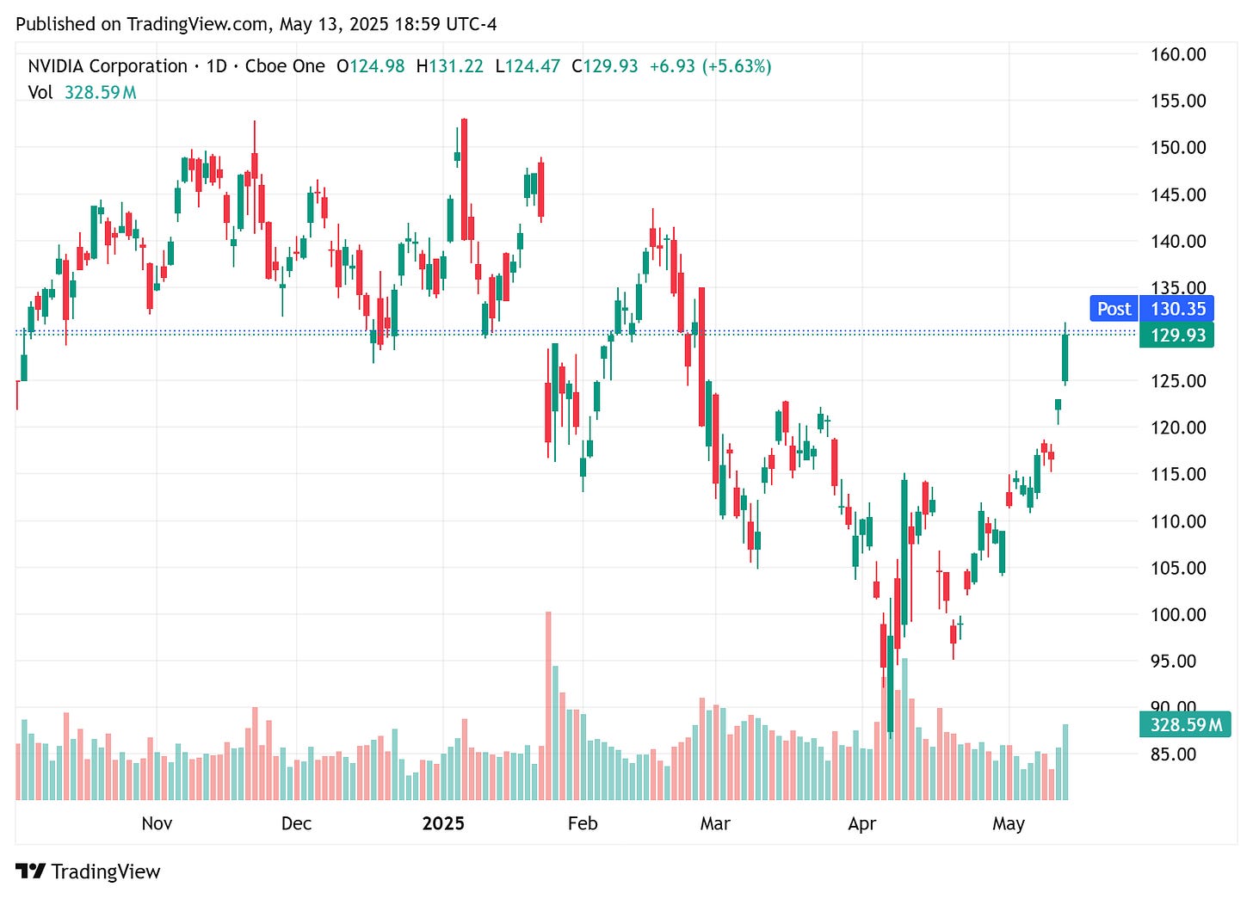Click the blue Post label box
1114,309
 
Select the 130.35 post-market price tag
1177,309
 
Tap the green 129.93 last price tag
1177,335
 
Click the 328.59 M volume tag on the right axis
1185,724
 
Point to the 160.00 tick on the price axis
1178,54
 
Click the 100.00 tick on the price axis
1178,614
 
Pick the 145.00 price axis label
1178,194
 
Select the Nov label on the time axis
157,823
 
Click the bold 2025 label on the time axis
443,823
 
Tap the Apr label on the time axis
861,823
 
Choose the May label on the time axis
1008,823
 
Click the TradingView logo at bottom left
88,871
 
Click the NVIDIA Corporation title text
108,66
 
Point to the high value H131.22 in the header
449,66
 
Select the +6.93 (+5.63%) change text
710,66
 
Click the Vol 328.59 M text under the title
82,92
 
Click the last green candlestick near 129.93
1065,357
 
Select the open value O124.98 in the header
370,66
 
